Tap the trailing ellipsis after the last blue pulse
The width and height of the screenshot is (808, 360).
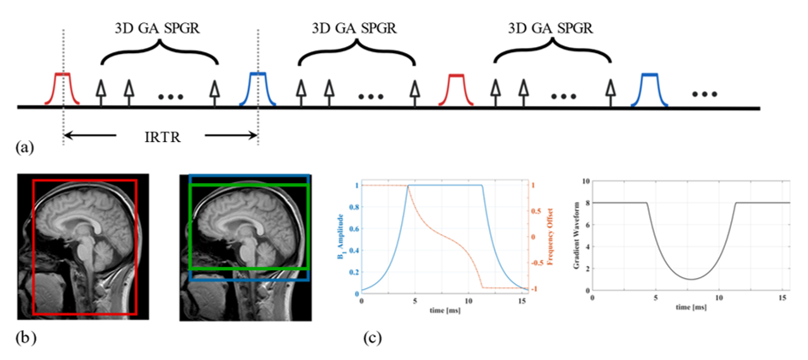point(705,92)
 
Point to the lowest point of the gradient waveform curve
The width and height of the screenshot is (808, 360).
point(691,279)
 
